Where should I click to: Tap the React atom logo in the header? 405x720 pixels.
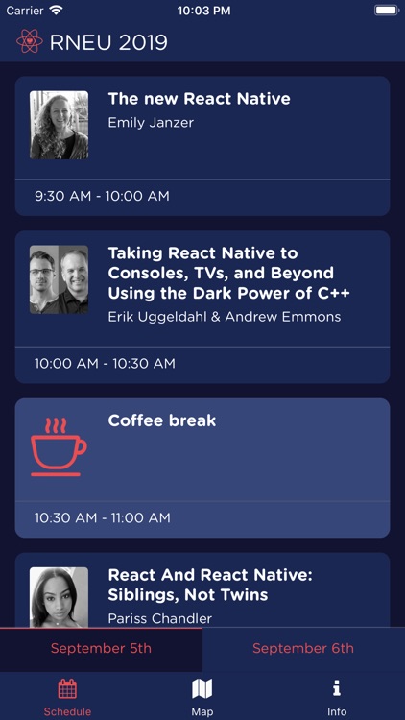pos(30,42)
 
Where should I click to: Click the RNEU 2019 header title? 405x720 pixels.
pos(108,42)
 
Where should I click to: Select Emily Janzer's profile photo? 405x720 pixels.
pos(59,125)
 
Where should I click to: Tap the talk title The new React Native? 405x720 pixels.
pos(199,99)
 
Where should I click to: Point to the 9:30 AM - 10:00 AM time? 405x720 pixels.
pos(102,196)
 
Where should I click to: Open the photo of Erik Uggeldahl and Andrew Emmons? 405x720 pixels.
pos(59,279)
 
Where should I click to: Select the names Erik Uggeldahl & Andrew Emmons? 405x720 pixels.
pos(224,317)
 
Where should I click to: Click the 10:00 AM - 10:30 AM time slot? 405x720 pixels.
pos(105,364)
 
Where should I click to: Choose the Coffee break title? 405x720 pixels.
pos(161,420)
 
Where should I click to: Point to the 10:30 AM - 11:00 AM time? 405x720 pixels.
pos(102,517)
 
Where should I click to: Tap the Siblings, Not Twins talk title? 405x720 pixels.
pos(210,585)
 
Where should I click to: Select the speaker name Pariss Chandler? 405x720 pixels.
pos(159,618)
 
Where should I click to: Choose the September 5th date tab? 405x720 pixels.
pos(101,649)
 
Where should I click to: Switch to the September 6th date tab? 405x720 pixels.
pos(303,649)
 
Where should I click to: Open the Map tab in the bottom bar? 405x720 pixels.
pos(202,695)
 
